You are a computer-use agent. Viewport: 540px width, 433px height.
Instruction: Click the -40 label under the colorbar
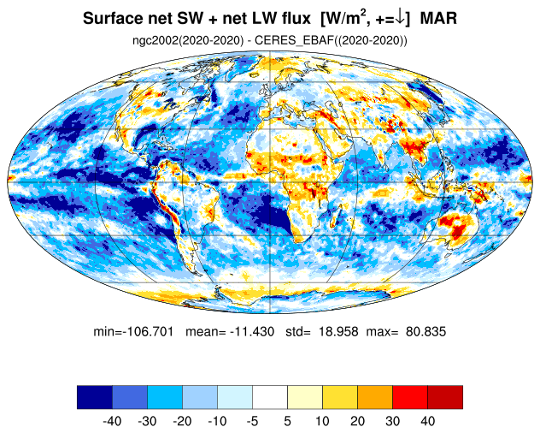112,421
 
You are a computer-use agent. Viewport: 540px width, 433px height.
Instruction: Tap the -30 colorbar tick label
148,421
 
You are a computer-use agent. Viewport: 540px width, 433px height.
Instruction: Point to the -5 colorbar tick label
252,421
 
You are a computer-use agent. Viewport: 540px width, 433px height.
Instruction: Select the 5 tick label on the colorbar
288,421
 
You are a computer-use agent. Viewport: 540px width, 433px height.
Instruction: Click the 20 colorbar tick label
357,421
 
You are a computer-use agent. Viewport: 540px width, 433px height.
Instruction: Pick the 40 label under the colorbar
428,421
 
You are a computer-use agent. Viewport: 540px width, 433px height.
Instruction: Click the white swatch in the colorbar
270,397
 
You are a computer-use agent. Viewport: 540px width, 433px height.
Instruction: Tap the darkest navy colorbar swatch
95,397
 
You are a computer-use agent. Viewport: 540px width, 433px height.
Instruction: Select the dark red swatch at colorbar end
445,397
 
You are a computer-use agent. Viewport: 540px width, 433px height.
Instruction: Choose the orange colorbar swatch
375,397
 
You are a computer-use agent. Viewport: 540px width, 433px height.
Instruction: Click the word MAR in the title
438,18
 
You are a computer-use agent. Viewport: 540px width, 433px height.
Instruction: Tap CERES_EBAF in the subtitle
294,41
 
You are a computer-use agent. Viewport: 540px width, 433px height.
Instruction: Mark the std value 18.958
338,331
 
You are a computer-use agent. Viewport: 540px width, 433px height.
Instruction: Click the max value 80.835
426,331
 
